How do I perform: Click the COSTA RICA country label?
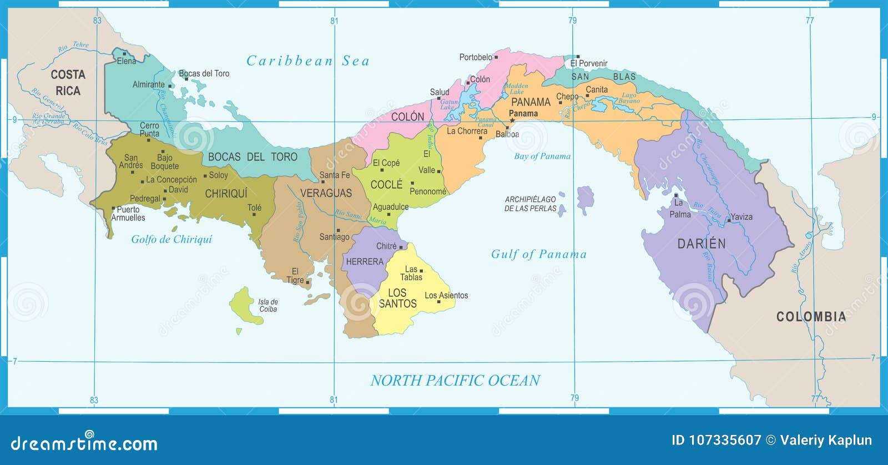point(68,83)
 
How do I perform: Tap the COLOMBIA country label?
point(811,317)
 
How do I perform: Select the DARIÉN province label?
point(701,244)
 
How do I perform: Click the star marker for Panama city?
point(512,120)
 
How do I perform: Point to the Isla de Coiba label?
point(268,306)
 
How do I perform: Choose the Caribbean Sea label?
point(308,61)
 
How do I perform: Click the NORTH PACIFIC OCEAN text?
point(455,381)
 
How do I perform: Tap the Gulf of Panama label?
point(538,254)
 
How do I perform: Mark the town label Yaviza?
point(741,217)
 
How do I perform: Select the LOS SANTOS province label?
point(397,299)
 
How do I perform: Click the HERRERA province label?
point(365,262)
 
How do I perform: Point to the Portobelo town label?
point(476,57)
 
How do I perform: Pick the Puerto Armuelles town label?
point(128,214)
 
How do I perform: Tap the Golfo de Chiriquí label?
point(171,239)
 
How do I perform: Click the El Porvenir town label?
point(589,64)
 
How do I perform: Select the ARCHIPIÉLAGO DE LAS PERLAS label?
point(530,204)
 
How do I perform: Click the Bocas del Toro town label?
point(204,73)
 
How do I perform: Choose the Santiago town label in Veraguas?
point(334,237)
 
